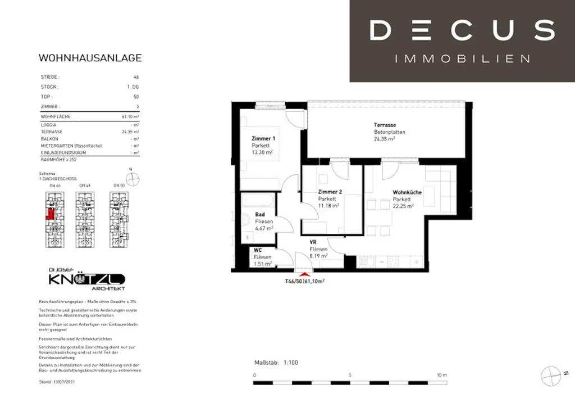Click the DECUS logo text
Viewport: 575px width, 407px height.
(x=462, y=30)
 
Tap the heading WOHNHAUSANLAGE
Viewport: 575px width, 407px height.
(x=90, y=58)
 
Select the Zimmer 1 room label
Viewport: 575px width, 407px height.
(x=263, y=138)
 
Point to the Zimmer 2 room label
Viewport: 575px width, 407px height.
(x=330, y=192)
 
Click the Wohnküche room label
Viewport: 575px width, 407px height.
(x=407, y=192)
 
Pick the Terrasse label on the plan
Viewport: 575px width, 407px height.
(x=385, y=125)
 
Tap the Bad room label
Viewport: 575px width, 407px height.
(x=260, y=214)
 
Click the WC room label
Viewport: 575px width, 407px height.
(x=258, y=250)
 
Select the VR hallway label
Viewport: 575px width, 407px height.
(x=313, y=242)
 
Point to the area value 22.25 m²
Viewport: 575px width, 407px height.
(x=403, y=206)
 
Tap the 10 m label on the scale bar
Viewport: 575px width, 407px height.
(x=441, y=375)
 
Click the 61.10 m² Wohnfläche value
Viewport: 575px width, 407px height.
(x=130, y=116)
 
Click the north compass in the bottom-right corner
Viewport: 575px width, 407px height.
(x=551, y=373)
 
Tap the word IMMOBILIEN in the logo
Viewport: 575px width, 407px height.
(x=462, y=58)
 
